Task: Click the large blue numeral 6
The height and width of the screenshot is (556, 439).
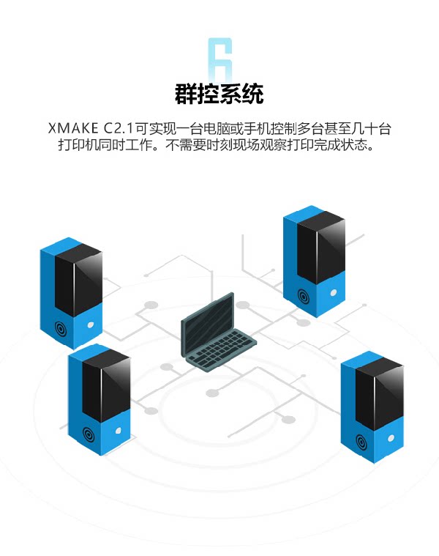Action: click(x=219, y=61)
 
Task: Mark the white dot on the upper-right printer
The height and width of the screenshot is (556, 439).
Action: click(x=334, y=292)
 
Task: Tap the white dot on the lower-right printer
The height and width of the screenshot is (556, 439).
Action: click(x=389, y=436)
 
